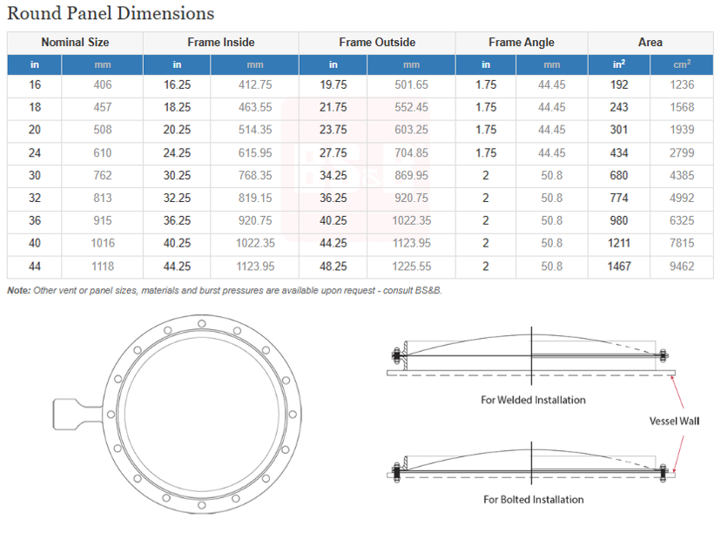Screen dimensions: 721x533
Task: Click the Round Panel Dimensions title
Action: (x=111, y=13)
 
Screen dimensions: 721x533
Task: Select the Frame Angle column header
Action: (x=522, y=43)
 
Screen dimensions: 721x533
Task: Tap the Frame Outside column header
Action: (x=377, y=43)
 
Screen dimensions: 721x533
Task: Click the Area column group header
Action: (x=650, y=43)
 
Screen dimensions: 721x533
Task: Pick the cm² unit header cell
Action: (x=682, y=64)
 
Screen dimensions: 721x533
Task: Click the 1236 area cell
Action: (x=682, y=84)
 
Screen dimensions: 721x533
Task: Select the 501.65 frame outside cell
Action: (x=411, y=84)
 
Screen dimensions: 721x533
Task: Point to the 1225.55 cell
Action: (x=411, y=266)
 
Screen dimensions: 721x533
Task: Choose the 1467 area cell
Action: (x=619, y=266)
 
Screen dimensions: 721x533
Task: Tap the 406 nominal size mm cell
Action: (x=103, y=84)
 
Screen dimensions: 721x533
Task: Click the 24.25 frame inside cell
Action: (x=177, y=152)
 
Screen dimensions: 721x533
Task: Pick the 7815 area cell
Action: (x=682, y=243)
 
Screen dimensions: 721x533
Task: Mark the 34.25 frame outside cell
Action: (x=334, y=175)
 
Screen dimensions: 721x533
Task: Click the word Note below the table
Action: (x=19, y=290)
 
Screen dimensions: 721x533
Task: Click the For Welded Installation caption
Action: (x=534, y=400)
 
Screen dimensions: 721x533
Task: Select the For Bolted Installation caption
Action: (x=534, y=499)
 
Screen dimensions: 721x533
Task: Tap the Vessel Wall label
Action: (x=674, y=421)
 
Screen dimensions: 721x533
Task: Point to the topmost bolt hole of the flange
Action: (x=201, y=324)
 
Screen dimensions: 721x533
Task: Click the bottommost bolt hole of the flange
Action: (x=201, y=505)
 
